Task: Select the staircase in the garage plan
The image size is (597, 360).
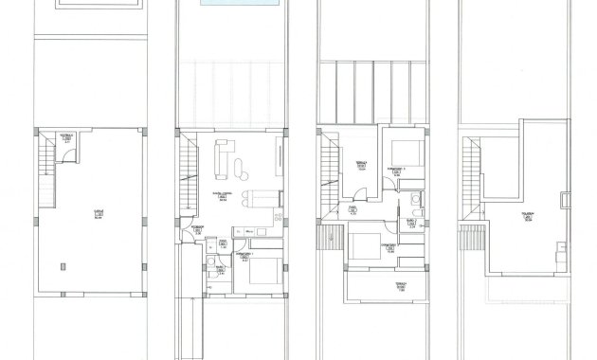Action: [x=44, y=155]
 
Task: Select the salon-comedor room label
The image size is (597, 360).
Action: [x=224, y=197]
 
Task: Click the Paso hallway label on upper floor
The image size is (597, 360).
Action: [x=353, y=210]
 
